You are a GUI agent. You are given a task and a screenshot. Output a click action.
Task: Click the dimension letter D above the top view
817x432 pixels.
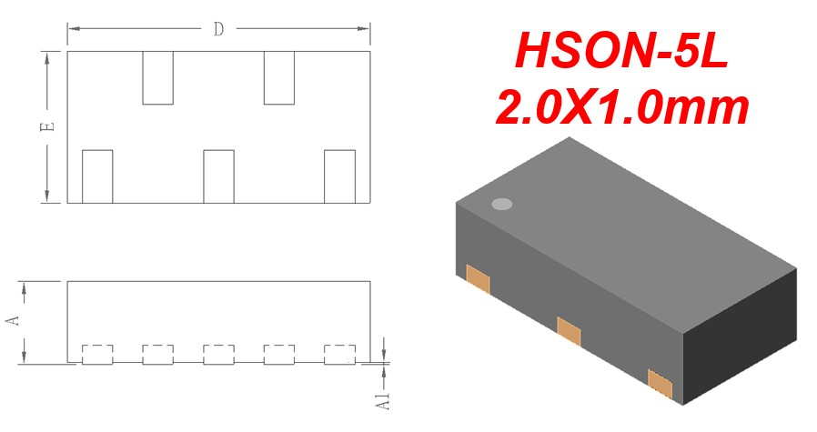pyautogui.click(x=218, y=29)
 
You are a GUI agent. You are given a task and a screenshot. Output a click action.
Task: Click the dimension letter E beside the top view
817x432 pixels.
pyautogui.click(x=47, y=126)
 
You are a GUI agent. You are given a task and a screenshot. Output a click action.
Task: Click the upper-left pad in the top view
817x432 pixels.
pyautogui.click(x=158, y=77)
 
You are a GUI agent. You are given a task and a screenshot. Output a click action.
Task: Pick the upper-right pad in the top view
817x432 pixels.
pyautogui.click(x=279, y=77)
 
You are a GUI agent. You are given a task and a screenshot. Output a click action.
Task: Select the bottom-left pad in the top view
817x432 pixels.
pyautogui.click(x=97, y=176)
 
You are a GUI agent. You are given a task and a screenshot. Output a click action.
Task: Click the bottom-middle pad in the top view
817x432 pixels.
pyautogui.click(x=219, y=176)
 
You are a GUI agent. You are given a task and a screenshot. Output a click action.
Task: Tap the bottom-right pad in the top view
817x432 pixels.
pyautogui.click(x=339, y=176)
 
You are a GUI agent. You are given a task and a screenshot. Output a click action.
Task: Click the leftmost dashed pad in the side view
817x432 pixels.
pyautogui.click(x=97, y=355)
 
